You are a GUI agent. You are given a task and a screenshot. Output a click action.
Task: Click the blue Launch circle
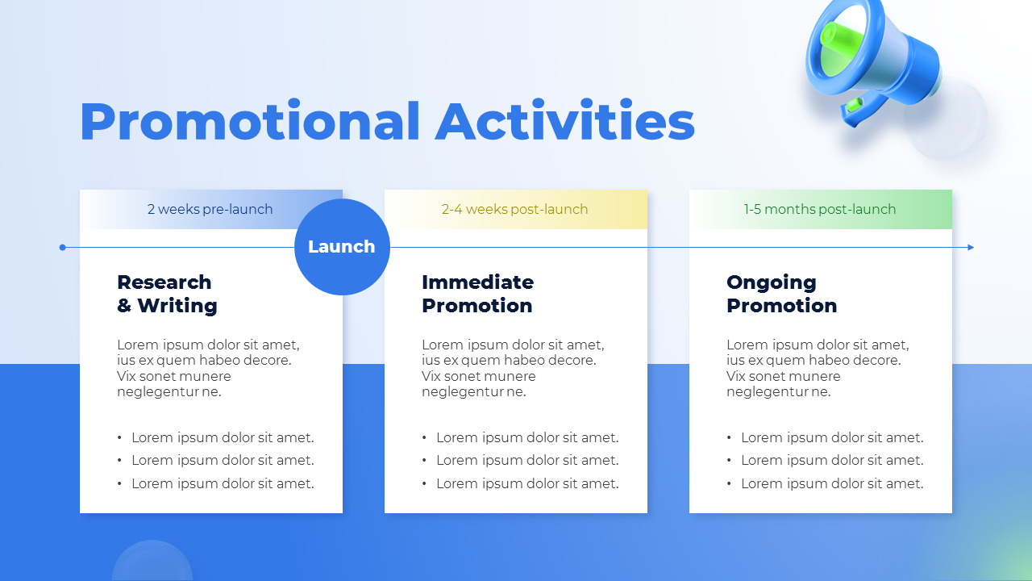[342, 247]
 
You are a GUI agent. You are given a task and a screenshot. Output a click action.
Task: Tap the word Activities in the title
[564, 122]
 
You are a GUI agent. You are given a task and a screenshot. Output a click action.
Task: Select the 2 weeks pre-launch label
[210, 209]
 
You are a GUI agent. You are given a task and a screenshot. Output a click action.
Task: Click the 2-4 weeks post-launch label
[514, 209]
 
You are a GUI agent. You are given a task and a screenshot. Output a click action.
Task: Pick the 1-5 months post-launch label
[819, 209]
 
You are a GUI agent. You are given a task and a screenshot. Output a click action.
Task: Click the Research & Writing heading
[167, 294]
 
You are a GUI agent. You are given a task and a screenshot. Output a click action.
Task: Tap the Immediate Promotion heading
[477, 294]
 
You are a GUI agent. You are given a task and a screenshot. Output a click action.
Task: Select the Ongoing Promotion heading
[781, 294]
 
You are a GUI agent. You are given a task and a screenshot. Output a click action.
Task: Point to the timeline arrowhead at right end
[971, 247]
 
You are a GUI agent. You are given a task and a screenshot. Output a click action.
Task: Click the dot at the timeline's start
[63, 247]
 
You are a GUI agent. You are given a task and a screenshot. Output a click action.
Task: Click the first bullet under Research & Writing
[223, 437]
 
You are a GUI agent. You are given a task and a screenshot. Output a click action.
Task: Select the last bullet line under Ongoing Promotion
[832, 483]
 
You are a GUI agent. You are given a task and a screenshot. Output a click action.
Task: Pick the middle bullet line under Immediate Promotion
[527, 460]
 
